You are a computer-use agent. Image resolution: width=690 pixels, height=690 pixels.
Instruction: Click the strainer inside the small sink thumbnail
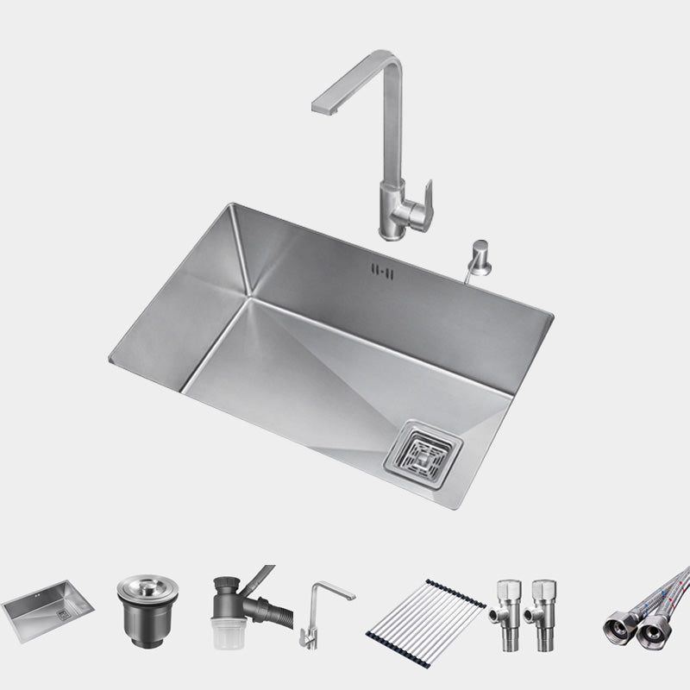click(62, 615)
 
